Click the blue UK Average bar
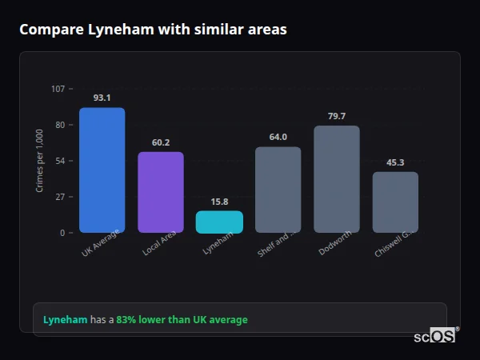tap(102, 170)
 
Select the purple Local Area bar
tap(161, 192)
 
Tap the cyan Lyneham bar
tap(219, 222)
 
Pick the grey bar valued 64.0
tap(278, 190)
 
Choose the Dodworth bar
tap(337, 179)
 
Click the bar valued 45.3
tap(395, 202)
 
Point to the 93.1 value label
tap(102, 98)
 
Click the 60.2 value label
tap(161, 142)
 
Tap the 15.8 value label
tap(219, 202)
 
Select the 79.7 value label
tap(337, 116)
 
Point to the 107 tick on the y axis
tap(58, 89)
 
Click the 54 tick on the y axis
tap(60, 161)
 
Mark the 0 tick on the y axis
tap(62, 233)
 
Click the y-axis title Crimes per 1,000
tap(40, 160)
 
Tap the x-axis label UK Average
tap(101, 244)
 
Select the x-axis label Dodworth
tap(334, 244)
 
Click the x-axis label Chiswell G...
tap(394, 245)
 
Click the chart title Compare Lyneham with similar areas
tap(153, 30)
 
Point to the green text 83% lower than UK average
tap(182, 320)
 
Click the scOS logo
tap(435, 336)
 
